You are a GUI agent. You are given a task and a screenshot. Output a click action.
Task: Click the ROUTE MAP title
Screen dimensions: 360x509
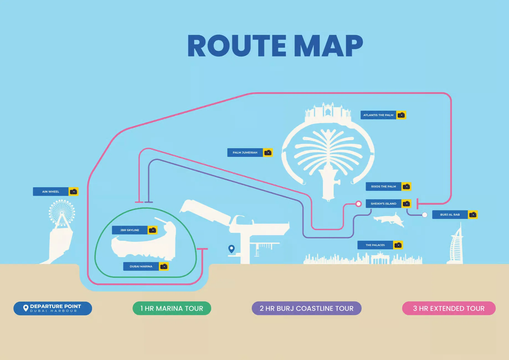pyautogui.click(x=275, y=46)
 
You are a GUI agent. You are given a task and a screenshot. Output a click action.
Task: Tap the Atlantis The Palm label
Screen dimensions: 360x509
pyautogui.click(x=378, y=115)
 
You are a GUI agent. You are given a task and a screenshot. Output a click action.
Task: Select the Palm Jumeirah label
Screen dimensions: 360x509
pyautogui.click(x=245, y=153)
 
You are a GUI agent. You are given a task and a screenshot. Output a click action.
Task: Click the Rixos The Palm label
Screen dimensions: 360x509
pyautogui.click(x=384, y=186)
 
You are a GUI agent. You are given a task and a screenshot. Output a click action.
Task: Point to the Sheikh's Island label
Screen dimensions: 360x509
pyautogui.click(x=384, y=204)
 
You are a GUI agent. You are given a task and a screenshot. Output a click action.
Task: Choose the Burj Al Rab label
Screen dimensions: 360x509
pyautogui.click(x=450, y=215)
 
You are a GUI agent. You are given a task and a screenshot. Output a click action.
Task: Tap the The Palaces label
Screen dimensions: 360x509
pyautogui.click(x=375, y=245)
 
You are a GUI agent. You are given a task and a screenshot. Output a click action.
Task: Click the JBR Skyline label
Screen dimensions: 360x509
pyautogui.click(x=130, y=230)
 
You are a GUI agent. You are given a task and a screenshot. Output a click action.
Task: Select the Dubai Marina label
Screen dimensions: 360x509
pyautogui.click(x=141, y=266)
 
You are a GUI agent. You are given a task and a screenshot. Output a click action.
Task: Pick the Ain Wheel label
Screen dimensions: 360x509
pyautogui.click(x=51, y=192)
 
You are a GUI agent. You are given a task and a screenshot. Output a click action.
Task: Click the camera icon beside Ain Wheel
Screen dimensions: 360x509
pyautogui.click(x=73, y=192)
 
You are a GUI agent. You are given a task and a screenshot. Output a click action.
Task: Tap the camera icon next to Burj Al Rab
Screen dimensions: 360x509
pyautogui.click(x=473, y=215)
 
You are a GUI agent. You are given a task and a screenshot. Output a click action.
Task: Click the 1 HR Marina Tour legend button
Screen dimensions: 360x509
pyautogui.click(x=172, y=308)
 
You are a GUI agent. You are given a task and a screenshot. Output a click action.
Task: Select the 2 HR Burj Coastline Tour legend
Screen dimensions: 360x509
pyautogui.click(x=307, y=308)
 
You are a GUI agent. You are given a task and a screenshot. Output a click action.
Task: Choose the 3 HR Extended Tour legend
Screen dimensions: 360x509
pyautogui.click(x=449, y=308)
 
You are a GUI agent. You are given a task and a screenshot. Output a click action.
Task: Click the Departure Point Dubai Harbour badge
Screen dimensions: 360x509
pyautogui.click(x=53, y=308)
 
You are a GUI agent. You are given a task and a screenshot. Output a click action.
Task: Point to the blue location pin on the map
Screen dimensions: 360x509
pyautogui.click(x=232, y=248)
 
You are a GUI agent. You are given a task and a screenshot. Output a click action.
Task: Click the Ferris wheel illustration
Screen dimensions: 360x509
pyautogui.click(x=62, y=213)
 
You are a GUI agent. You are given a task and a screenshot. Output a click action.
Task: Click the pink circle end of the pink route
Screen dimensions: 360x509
pyautogui.click(x=358, y=204)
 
